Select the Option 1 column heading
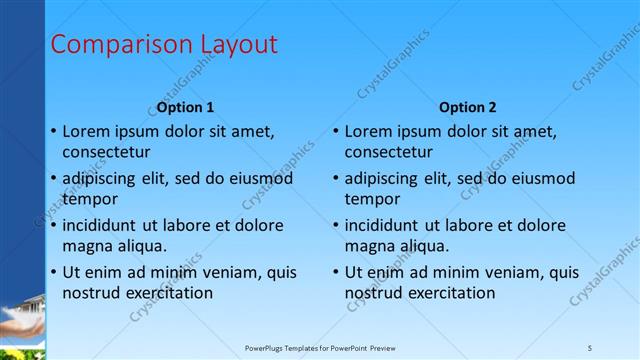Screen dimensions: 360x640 click(x=185, y=107)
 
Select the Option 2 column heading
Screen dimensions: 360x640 click(x=467, y=107)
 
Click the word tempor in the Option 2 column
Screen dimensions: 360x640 click(x=372, y=199)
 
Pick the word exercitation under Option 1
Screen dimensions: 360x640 click(x=166, y=293)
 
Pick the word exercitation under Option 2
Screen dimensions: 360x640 click(x=449, y=293)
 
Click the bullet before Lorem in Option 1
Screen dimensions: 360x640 click(x=53, y=131)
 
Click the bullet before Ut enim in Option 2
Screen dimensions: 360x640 click(x=336, y=272)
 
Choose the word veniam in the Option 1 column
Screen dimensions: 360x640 click(x=231, y=272)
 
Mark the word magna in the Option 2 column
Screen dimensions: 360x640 click(x=369, y=246)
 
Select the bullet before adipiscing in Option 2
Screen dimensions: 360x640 click(x=336, y=178)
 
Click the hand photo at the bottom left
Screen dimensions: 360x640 click(x=21, y=320)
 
